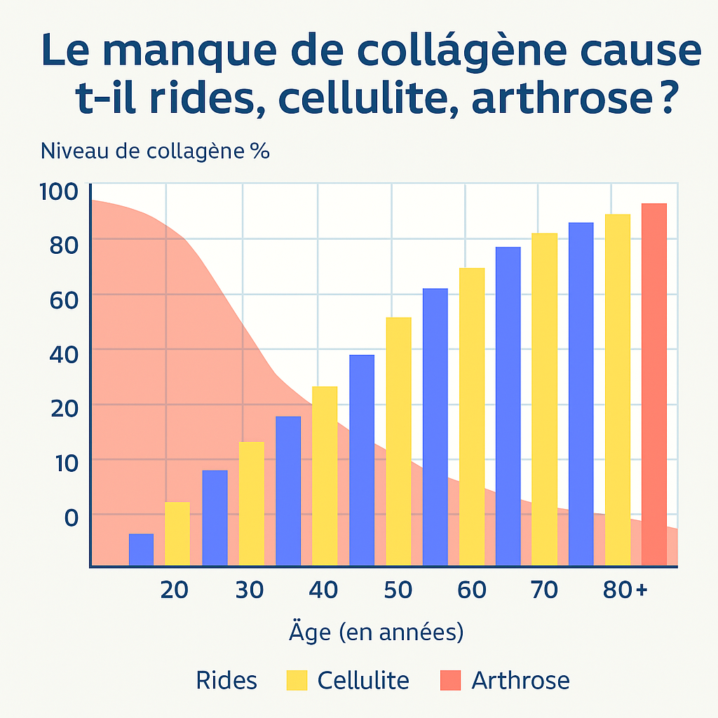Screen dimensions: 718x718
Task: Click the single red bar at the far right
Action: click(654, 385)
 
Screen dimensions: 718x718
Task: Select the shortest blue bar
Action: click(141, 550)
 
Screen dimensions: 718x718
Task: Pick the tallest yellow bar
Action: click(618, 390)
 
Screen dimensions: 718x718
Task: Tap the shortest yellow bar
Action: click(177, 534)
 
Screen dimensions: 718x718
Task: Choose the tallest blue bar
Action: click(581, 394)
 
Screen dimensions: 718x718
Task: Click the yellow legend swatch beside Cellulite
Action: click(297, 680)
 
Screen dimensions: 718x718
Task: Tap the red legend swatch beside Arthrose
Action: click(450, 680)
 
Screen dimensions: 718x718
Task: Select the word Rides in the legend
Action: click(226, 680)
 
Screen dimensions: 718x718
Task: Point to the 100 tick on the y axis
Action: click(59, 191)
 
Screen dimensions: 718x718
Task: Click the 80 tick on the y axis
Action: click(64, 245)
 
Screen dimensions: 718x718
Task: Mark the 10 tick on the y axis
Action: click(67, 463)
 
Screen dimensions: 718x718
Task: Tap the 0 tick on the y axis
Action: click(72, 518)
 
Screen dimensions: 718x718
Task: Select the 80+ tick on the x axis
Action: click(625, 590)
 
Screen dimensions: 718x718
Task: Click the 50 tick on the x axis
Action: click(398, 590)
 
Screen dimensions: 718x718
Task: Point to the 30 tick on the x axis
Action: click(250, 590)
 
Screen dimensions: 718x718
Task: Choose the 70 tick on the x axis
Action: click(544, 590)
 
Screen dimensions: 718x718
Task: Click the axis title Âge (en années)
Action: click(377, 632)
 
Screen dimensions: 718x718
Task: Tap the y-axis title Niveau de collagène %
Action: click(155, 151)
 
